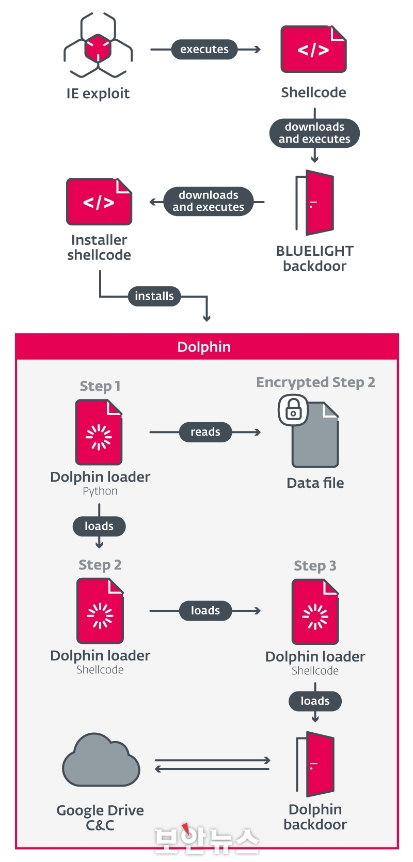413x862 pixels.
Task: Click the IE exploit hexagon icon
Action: [98, 45]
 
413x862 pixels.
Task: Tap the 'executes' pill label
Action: [204, 49]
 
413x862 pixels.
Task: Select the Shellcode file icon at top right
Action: [313, 49]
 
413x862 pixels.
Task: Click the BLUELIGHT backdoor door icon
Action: [315, 202]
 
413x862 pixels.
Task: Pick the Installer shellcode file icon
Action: [99, 201]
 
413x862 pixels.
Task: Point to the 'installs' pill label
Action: [154, 296]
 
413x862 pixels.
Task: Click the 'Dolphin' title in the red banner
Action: [204, 347]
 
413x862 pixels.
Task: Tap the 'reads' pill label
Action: [205, 432]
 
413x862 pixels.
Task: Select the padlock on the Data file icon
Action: [293, 410]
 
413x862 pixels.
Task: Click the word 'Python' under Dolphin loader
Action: [100, 491]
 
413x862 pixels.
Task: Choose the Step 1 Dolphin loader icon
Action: [99, 432]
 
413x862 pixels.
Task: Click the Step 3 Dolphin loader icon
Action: [315, 611]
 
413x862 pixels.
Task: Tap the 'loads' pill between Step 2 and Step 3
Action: [205, 610]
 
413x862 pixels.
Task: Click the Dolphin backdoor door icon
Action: [315, 764]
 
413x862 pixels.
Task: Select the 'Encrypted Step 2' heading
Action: [316, 382]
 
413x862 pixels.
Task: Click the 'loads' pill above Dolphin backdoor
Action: [315, 701]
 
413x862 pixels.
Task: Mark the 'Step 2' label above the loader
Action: [100, 565]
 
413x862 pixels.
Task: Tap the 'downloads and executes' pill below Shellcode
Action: [314, 133]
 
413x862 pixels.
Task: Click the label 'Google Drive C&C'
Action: [100, 818]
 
